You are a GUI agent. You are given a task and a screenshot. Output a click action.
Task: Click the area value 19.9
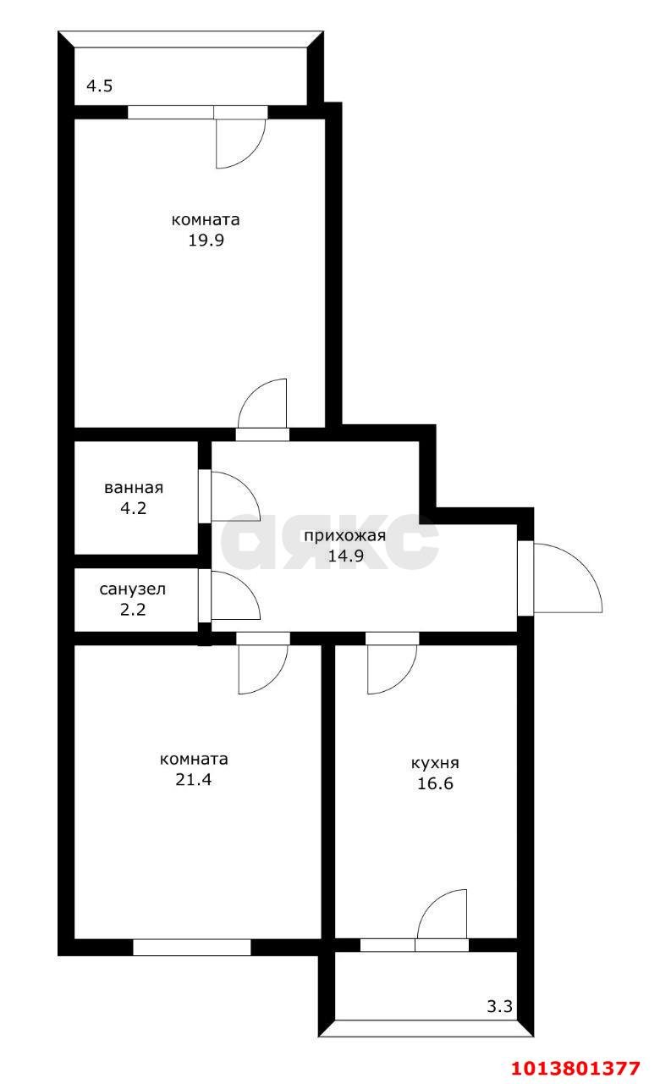click(x=206, y=240)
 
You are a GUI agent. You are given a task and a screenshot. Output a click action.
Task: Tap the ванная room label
click(x=134, y=488)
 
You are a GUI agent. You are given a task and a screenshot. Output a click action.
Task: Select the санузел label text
click(x=133, y=589)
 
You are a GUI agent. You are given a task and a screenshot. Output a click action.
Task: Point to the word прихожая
click(x=344, y=535)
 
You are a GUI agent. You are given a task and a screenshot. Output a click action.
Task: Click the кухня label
click(x=436, y=762)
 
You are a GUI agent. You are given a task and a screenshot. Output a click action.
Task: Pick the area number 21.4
click(x=193, y=779)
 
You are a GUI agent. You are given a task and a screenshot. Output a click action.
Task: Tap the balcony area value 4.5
click(x=99, y=86)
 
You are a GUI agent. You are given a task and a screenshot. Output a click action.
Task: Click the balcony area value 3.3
click(x=499, y=1007)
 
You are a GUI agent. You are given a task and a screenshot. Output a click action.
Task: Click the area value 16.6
click(x=435, y=783)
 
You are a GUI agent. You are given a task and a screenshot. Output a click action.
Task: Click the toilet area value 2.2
click(x=133, y=609)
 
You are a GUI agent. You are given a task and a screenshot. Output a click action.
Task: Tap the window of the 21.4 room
click(x=192, y=947)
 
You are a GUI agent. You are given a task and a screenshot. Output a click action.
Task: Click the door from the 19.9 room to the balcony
click(x=240, y=141)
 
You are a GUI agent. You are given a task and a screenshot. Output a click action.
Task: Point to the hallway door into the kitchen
click(x=392, y=665)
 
